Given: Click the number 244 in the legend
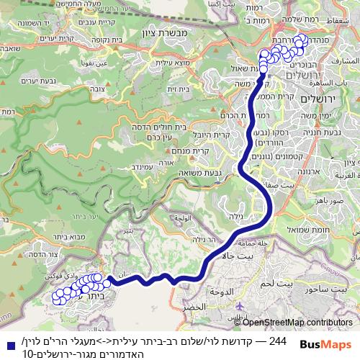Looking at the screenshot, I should [277, 340].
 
